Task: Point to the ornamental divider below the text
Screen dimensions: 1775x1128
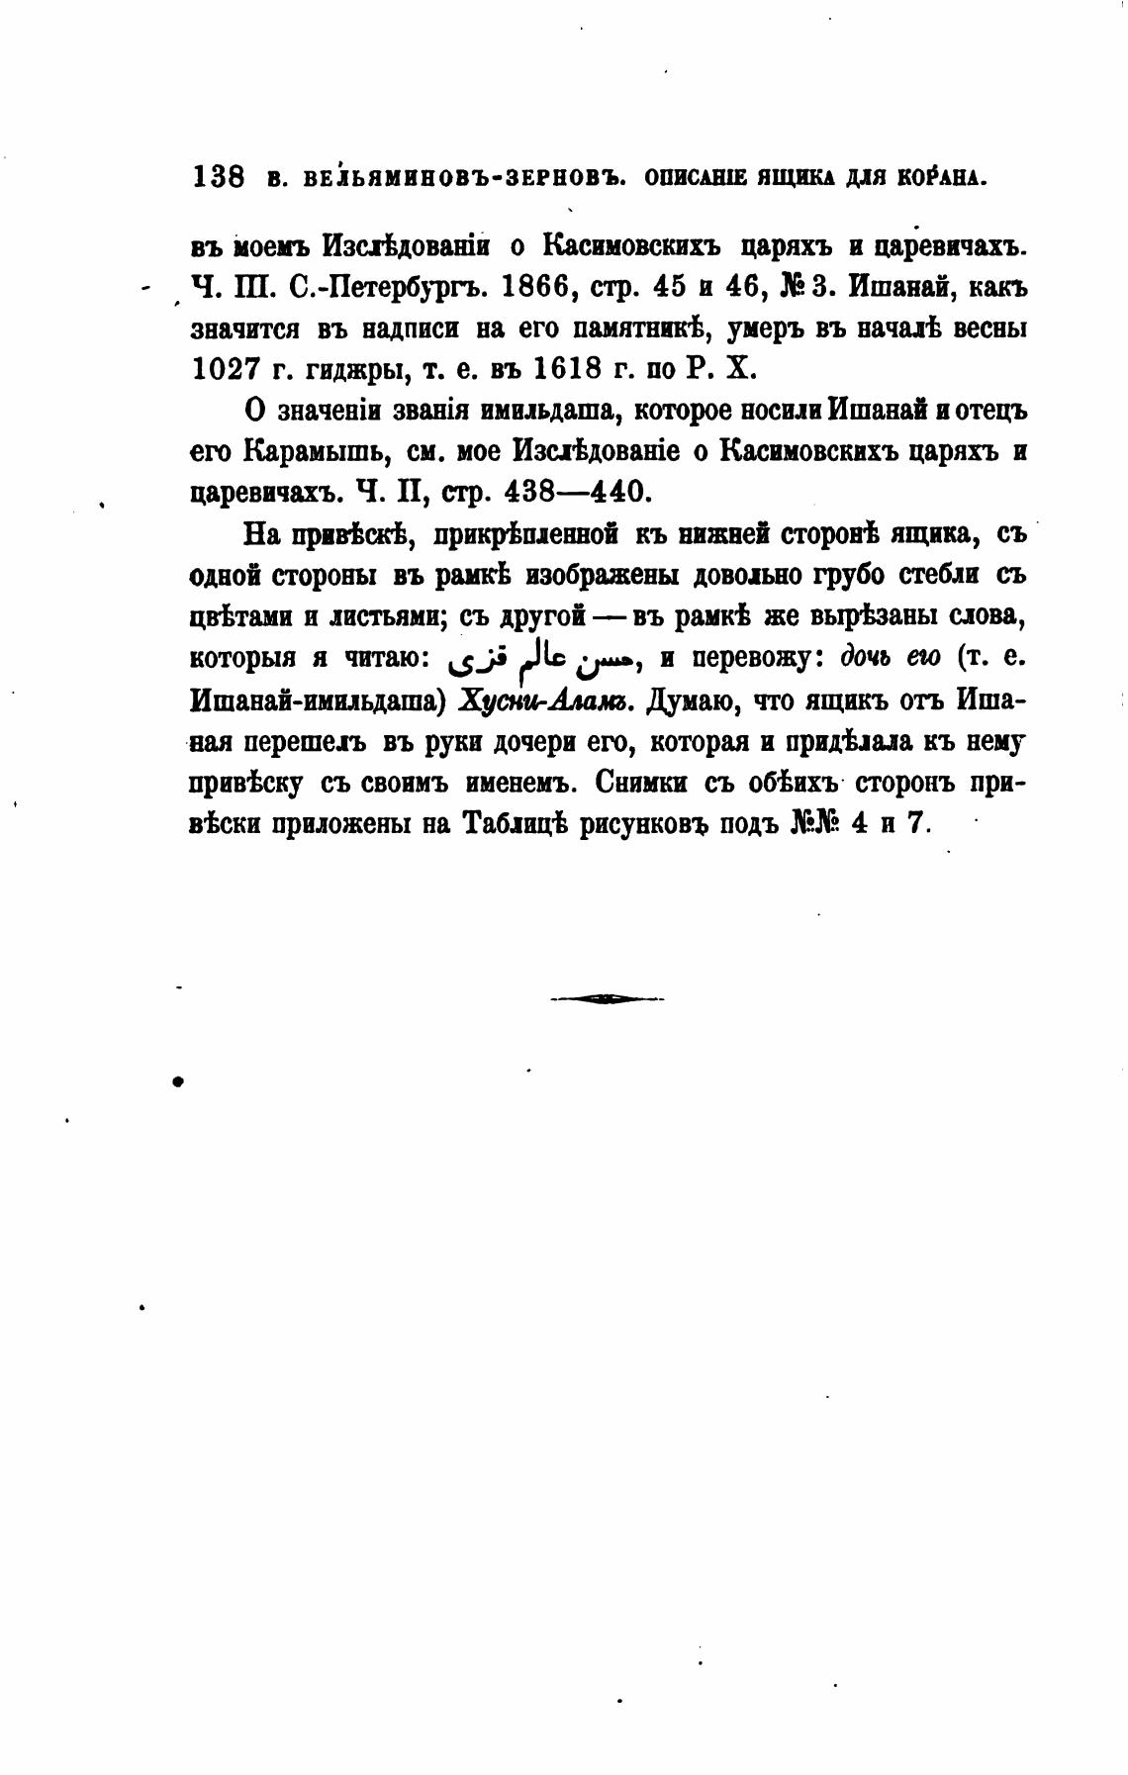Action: coord(608,999)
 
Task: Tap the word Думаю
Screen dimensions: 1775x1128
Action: coord(695,701)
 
